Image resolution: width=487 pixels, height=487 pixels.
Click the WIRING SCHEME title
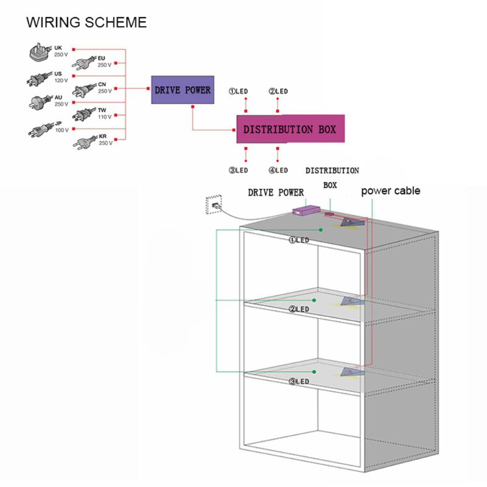86,23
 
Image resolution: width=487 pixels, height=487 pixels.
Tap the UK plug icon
39,54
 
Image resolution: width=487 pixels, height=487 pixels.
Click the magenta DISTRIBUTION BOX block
290,129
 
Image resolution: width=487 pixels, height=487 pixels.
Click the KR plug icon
83,144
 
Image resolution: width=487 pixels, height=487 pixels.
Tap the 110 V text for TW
105,117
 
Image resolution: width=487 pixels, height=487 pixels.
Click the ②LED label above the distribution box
278,91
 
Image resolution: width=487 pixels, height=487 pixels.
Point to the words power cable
390,191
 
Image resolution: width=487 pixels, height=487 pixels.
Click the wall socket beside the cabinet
214,204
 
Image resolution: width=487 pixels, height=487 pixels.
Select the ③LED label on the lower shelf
299,382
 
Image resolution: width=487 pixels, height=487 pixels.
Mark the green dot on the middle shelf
314,300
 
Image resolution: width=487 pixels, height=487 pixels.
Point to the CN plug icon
83,91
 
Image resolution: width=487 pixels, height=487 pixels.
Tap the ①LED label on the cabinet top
299,240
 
